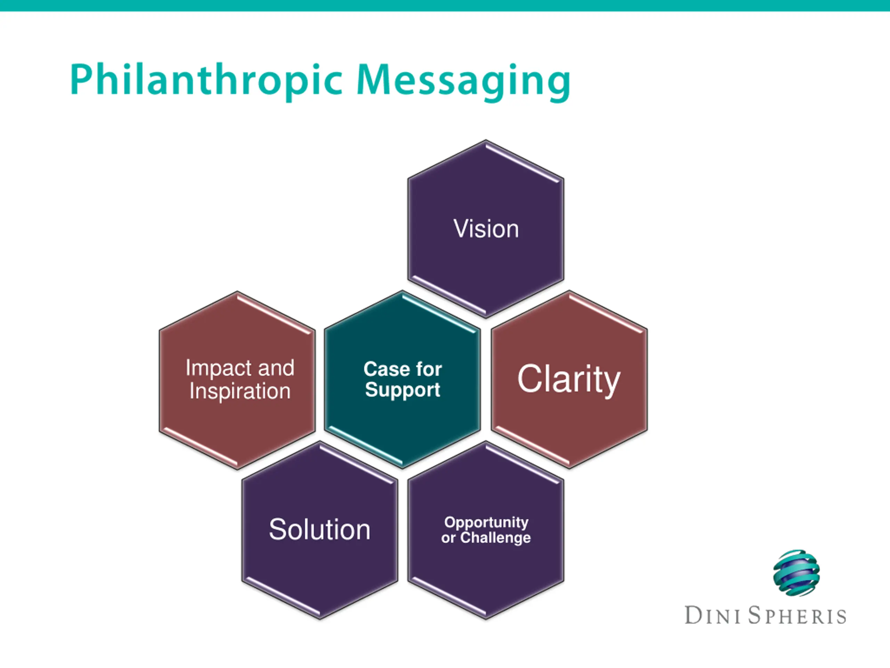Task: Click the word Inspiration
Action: pyautogui.click(x=240, y=391)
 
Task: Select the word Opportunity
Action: pyautogui.click(x=486, y=522)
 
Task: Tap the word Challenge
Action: pyautogui.click(x=495, y=538)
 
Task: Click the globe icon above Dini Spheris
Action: pyautogui.click(x=796, y=573)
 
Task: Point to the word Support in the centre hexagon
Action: pyautogui.click(x=402, y=390)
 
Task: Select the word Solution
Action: pyautogui.click(x=319, y=530)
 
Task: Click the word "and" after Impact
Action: pyautogui.click(x=276, y=368)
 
